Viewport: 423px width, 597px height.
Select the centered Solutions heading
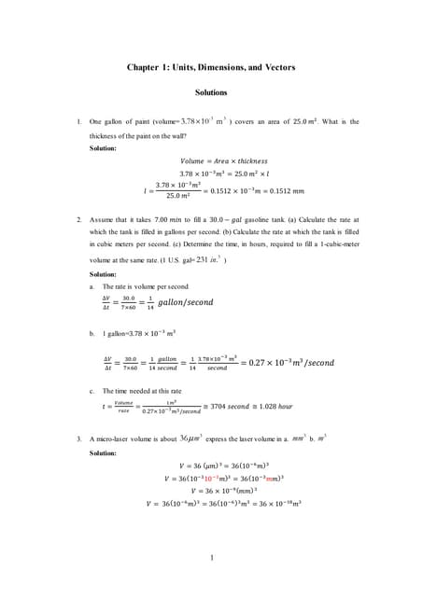pyautogui.click(x=211, y=93)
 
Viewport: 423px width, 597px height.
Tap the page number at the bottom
pyautogui.click(x=212, y=559)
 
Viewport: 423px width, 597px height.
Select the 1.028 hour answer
pyautogui.click(x=278, y=407)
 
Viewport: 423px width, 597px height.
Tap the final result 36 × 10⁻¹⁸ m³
pyautogui.click(x=270, y=504)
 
